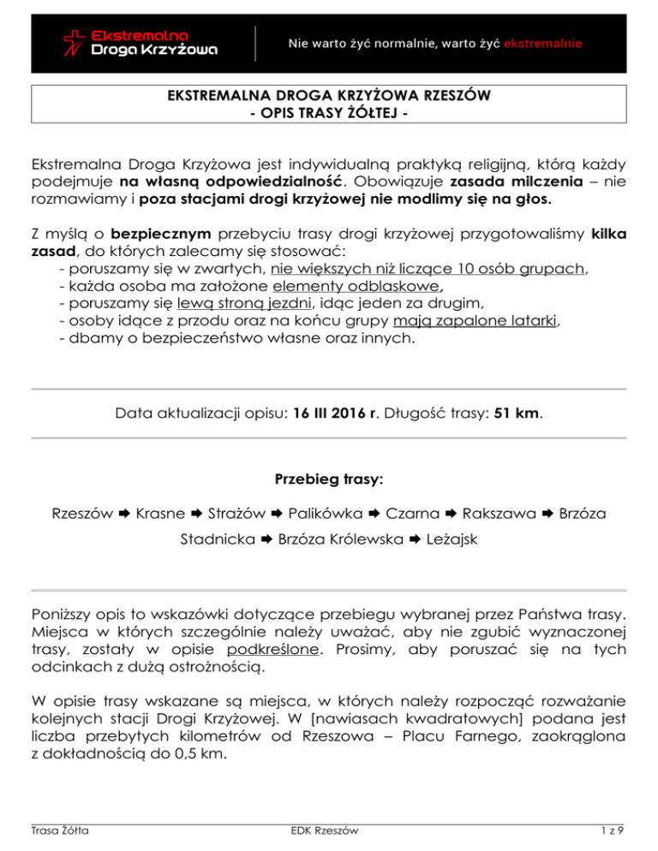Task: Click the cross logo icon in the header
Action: [76, 43]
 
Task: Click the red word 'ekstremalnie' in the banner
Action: [545, 42]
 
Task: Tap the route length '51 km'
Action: [519, 414]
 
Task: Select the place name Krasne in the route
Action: [161, 515]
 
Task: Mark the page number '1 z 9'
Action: [616, 830]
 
